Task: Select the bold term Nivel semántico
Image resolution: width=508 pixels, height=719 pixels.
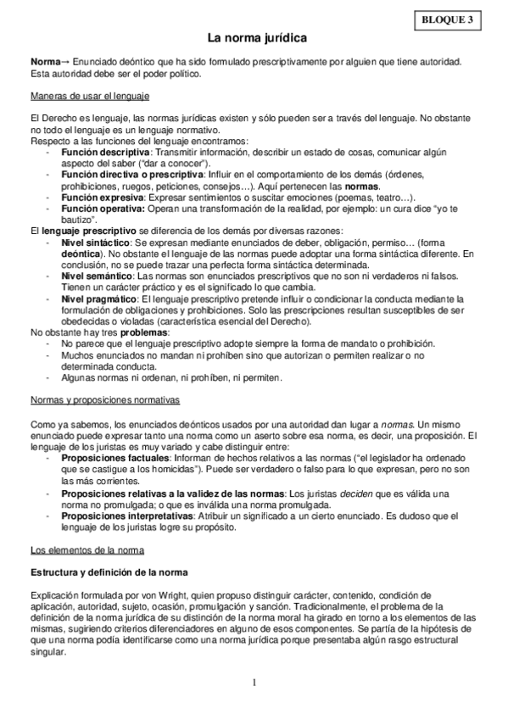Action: (x=95, y=276)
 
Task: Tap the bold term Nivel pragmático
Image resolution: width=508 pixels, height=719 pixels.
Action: (x=98, y=299)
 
